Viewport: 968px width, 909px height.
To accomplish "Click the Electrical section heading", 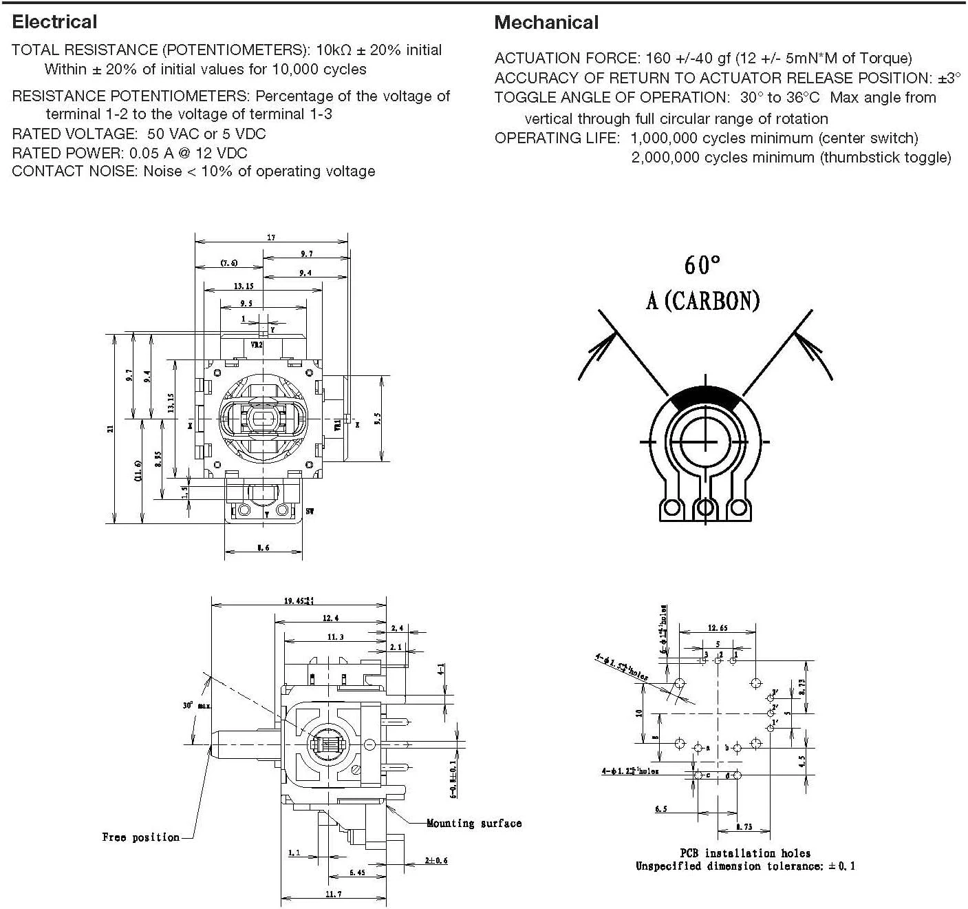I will (x=55, y=22).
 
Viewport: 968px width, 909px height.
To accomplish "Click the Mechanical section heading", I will (x=546, y=23).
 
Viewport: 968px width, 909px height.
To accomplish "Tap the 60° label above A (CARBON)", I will (x=702, y=265).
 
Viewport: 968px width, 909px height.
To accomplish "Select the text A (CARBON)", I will (x=702, y=300).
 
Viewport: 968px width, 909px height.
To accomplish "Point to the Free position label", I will (x=140, y=837).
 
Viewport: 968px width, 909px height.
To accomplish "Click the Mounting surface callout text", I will (x=474, y=823).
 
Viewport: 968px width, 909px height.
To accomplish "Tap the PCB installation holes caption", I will (x=745, y=853).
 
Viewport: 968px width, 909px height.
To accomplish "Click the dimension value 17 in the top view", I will (x=271, y=237).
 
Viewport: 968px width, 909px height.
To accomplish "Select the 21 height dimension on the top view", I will (x=110, y=428).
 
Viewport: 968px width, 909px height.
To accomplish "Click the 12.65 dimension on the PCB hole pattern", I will (x=718, y=628).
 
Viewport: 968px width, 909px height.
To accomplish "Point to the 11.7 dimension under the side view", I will (x=333, y=894).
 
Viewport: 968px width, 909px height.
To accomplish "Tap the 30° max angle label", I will (x=197, y=706).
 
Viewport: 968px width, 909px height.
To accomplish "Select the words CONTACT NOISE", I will (x=74, y=171).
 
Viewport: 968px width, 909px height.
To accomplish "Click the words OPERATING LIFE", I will (x=557, y=138).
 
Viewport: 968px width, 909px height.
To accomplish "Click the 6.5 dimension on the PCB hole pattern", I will (x=660, y=809).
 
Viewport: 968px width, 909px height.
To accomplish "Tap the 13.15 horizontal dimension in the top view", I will (x=244, y=286).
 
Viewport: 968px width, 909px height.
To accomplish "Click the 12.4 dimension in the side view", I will (x=330, y=618).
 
